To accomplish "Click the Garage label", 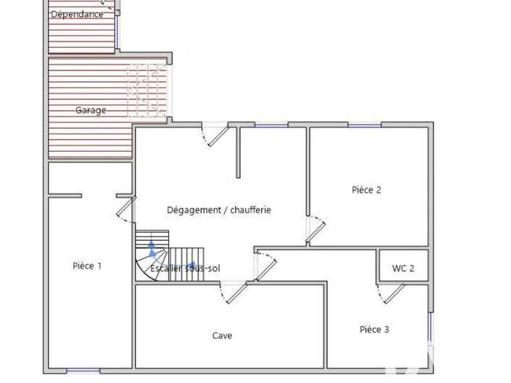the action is [90, 111].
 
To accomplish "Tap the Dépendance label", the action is [77, 14].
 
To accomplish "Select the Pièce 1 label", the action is [87, 266].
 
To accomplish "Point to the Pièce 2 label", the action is [366, 190].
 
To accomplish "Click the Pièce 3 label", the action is [374, 330].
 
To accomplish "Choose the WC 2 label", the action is [403, 269].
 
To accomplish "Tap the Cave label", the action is [222, 336].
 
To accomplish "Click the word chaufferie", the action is [251, 210].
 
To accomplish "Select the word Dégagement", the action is [194, 210].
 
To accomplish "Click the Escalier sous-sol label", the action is [185, 269].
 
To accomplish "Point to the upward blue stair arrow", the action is [152, 249].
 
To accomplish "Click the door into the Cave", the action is [234, 293].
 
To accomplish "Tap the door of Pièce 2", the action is [315, 230].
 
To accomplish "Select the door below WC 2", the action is [391, 293].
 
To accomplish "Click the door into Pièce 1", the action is [126, 209].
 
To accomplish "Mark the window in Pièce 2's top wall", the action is [364, 124].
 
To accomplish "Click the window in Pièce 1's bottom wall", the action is [83, 371].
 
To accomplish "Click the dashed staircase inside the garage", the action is [147, 90].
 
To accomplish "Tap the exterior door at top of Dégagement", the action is [215, 134].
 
